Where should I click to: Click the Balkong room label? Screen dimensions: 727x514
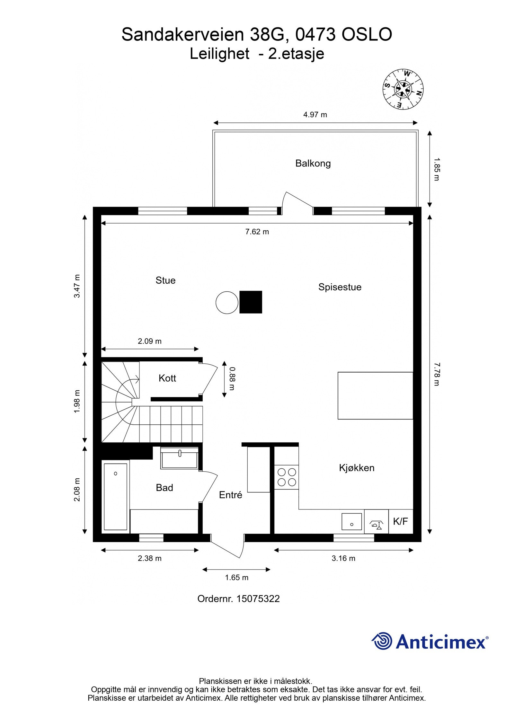(x=313, y=163)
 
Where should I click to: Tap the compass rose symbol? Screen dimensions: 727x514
(x=403, y=89)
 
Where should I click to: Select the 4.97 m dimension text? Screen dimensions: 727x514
(x=315, y=115)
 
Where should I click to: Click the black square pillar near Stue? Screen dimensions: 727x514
(x=251, y=302)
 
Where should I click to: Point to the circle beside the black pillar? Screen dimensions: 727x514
(x=227, y=302)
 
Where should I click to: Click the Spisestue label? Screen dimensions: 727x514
(x=340, y=287)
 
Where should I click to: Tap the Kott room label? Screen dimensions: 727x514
(x=167, y=378)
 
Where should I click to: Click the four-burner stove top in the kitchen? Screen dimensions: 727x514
(x=287, y=477)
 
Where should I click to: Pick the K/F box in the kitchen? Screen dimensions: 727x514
(x=400, y=521)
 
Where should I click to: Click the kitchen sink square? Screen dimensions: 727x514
(x=351, y=521)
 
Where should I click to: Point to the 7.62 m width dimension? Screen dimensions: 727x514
(x=257, y=232)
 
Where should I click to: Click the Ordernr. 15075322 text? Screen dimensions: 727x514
(x=238, y=598)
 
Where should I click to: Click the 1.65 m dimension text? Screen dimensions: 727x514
(x=236, y=577)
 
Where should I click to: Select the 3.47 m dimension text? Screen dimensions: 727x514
(x=77, y=286)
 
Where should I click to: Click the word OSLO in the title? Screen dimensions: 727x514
(x=366, y=34)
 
